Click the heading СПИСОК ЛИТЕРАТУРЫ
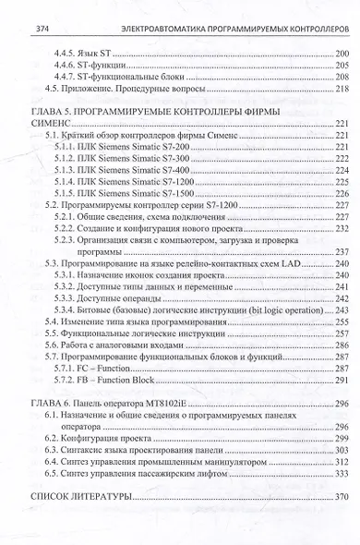[76, 496]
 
